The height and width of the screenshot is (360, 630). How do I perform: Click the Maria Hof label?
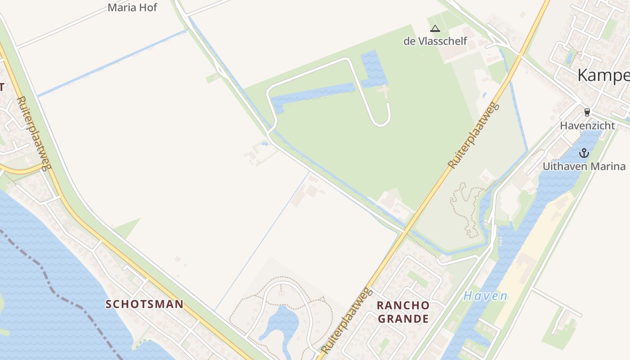click(132, 7)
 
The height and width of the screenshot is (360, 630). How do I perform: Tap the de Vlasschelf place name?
click(435, 41)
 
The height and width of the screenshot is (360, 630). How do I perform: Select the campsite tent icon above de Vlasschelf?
click(435, 29)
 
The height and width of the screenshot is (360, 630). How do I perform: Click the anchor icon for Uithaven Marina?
click(584, 153)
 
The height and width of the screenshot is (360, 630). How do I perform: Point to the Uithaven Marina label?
click(584, 166)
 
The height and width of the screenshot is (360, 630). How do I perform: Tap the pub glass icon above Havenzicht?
click(587, 112)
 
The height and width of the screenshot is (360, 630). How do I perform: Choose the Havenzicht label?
click(587, 126)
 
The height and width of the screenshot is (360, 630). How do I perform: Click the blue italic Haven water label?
click(486, 296)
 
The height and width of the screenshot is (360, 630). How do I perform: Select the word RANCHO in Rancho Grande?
click(403, 305)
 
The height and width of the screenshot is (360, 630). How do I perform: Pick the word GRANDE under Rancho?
click(403, 319)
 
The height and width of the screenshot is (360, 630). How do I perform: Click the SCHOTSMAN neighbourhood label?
click(144, 304)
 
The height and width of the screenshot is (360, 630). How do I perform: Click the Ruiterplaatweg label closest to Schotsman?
click(33, 134)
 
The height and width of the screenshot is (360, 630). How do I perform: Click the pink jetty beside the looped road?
click(383, 92)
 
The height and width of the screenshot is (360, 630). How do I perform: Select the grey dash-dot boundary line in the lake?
click(54, 288)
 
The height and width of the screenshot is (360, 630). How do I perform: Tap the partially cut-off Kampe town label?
click(603, 75)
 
